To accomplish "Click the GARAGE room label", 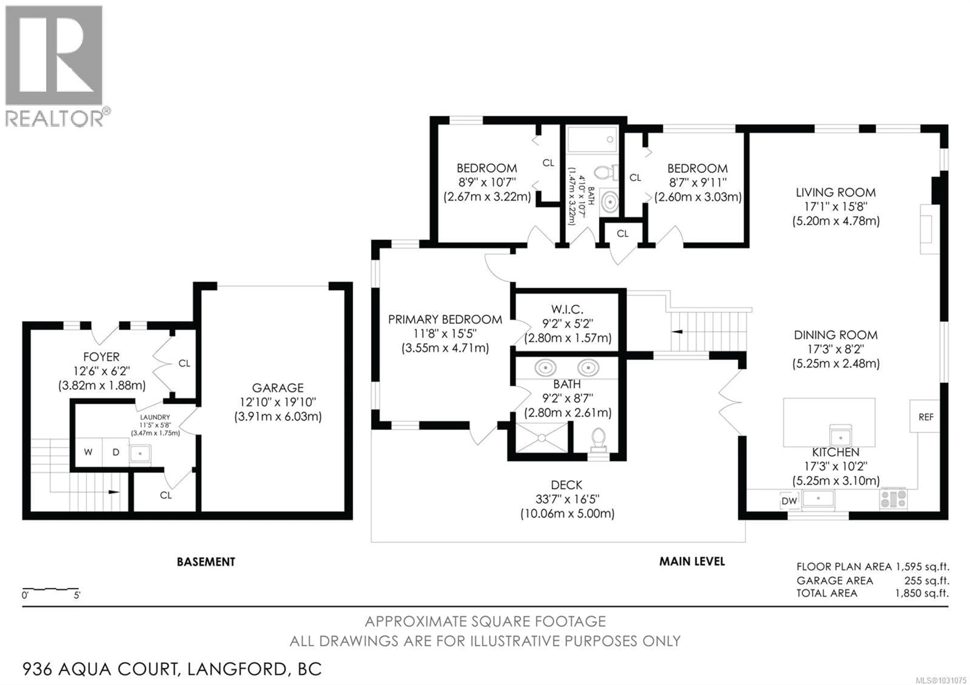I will pyautogui.click(x=278, y=388).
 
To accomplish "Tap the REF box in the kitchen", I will pyautogui.click(x=925, y=417).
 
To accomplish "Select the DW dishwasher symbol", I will pyautogui.click(x=789, y=501).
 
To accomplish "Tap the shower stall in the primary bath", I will pyautogui.click(x=542, y=437).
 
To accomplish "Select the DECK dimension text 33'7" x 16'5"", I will pyautogui.click(x=567, y=499).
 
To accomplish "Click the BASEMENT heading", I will pyautogui.click(x=206, y=562).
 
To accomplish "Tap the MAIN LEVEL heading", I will pyautogui.click(x=692, y=561).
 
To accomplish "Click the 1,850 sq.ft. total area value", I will pyautogui.click(x=922, y=593).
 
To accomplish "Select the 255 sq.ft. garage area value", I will pyautogui.click(x=927, y=580).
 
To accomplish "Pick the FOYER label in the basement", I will pyautogui.click(x=101, y=357).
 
